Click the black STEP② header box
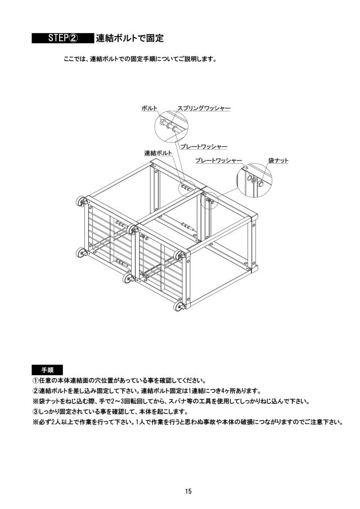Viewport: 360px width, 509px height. point(62,38)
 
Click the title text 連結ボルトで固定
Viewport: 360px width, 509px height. point(129,38)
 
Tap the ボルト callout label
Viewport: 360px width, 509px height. point(149,109)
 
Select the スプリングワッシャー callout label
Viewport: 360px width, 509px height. point(204,108)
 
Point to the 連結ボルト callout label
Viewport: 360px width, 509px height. point(158,153)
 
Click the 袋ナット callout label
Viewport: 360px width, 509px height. point(278,160)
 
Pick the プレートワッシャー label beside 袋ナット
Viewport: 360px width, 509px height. point(218,160)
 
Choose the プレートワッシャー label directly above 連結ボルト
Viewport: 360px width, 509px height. point(204,147)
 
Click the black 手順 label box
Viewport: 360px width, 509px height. point(47,370)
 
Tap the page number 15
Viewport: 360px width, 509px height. point(188,491)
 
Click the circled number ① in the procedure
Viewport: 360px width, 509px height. point(35,380)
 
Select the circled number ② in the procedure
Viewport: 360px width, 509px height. point(35,391)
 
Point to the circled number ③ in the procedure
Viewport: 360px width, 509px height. point(35,412)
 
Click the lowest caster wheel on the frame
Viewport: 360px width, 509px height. point(178,306)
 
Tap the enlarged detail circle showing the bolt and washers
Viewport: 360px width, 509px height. point(172,127)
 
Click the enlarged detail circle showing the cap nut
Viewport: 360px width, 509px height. point(254,180)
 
